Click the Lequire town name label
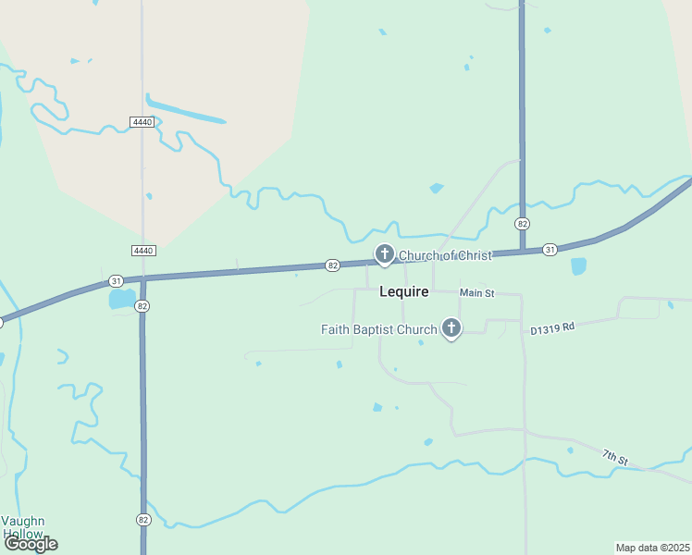[x=404, y=291]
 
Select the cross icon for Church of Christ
[x=385, y=253]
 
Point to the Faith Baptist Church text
[x=378, y=329]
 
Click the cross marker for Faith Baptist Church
[x=451, y=327]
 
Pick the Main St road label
[x=477, y=293]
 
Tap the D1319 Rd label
[x=552, y=327]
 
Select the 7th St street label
[x=615, y=456]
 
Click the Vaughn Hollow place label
[x=22, y=527]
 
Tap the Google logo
[x=31, y=544]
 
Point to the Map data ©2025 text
[x=652, y=547]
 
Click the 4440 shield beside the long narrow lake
[x=142, y=122]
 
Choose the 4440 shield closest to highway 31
[x=142, y=251]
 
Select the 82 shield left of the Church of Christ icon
[x=333, y=265]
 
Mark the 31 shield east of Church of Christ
[x=550, y=249]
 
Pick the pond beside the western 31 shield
[x=121, y=300]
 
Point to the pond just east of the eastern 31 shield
[x=579, y=266]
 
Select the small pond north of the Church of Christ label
[x=436, y=188]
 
